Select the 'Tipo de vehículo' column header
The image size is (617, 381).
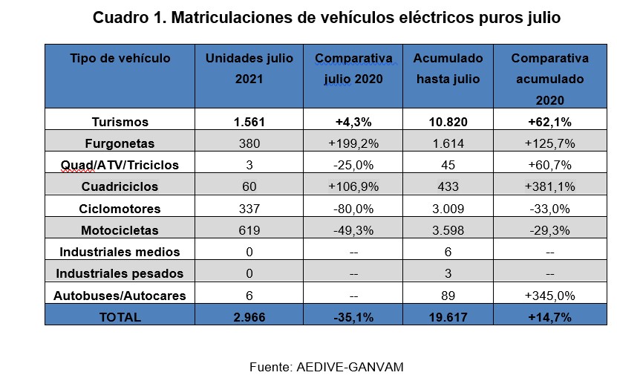(x=120, y=58)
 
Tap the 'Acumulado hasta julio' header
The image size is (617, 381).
(x=448, y=68)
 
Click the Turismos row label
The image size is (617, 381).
(x=120, y=122)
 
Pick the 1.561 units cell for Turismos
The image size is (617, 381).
(x=249, y=122)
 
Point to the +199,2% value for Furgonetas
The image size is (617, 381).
(x=353, y=143)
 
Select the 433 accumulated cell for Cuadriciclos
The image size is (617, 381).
(x=448, y=186)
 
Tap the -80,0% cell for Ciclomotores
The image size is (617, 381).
(x=353, y=209)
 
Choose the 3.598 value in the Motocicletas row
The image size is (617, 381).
(x=448, y=230)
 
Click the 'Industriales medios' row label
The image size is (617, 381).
(x=120, y=252)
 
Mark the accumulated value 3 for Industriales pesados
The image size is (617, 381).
(x=448, y=273)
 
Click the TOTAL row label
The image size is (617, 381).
(x=120, y=317)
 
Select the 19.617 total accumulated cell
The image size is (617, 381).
(x=448, y=317)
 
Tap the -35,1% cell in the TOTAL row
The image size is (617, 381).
(x=353, y=317)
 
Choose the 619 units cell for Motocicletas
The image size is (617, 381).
(x=249, y=230)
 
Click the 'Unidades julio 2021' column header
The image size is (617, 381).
(x=249, y=68)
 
